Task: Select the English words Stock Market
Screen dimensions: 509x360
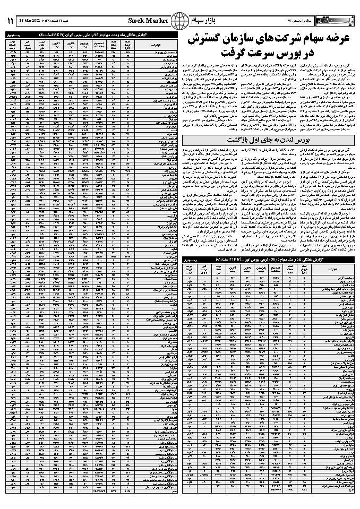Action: click(x=148, y=21)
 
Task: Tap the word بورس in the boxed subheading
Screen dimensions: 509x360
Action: click(x=302, y=140)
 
